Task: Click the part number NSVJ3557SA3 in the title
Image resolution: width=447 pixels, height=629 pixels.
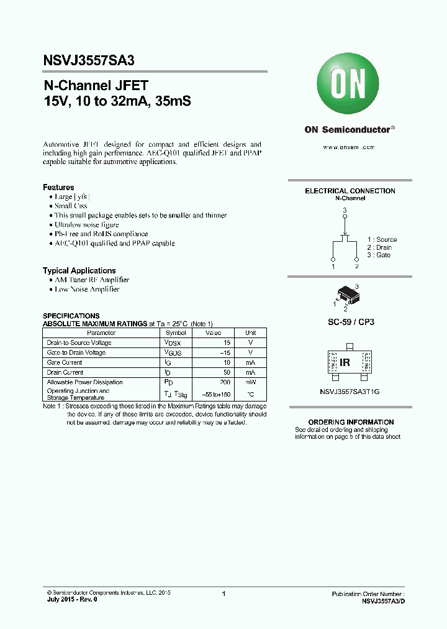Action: coord(89,60)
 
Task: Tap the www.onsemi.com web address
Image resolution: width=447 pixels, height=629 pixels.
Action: coord(350,147)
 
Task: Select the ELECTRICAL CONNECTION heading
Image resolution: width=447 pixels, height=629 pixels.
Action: coord(350,191)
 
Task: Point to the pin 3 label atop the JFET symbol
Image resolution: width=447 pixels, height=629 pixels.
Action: coord(345,211)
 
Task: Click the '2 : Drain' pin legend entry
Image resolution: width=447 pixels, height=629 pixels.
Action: coord(379,247)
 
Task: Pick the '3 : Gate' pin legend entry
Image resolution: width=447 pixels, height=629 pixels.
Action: coord(379,255)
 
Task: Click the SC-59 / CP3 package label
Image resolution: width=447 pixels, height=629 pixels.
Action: coord(351,323)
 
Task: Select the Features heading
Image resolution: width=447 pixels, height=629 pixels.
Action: coord(58,187)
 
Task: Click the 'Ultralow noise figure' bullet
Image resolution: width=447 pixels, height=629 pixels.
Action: coord(86,224)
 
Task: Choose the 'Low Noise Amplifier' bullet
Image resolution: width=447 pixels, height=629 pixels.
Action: coord(87,289)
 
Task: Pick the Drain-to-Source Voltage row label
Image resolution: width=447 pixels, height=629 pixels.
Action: coord(79,342)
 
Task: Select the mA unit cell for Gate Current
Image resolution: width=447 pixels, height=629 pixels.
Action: coord(250,362)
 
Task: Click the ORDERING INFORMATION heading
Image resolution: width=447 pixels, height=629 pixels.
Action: coord(351,422)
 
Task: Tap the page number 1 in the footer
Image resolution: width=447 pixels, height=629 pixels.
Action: coord(223,594)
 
